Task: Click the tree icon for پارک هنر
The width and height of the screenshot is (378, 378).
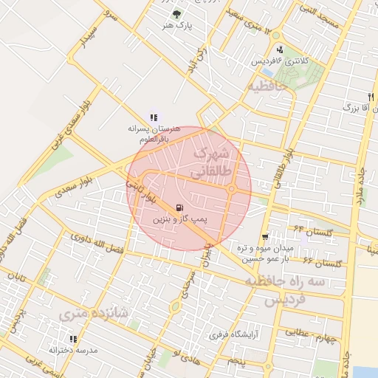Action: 176,13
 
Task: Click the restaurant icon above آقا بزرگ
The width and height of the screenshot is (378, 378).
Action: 371,97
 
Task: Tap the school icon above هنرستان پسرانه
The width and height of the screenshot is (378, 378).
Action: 154,116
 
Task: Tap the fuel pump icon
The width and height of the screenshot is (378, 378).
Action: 179,207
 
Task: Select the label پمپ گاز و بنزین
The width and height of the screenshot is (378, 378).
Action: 182,220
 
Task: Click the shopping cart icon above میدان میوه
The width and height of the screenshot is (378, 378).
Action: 265,237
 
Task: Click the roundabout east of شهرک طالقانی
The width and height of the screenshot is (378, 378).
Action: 231,190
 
